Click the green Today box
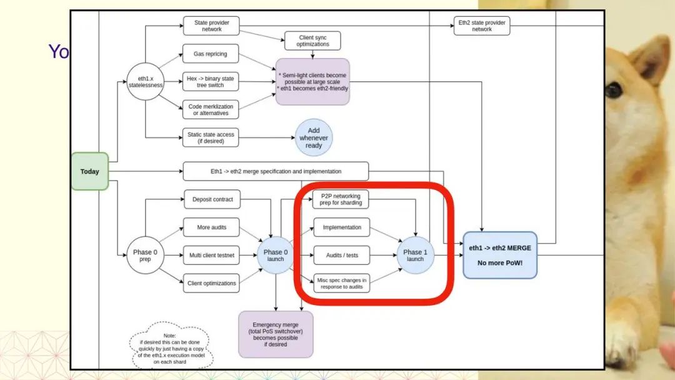[89, 171]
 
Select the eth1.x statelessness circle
[145, 82]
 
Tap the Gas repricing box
[210, 54]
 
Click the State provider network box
[211, 26]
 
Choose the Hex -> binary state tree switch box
[210, 81]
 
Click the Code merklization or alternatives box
[210, 109]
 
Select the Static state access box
[210, 137]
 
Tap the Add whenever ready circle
[314, 138]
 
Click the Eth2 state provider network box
[482, 26]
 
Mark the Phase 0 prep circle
[145, 255]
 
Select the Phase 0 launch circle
[276, 255]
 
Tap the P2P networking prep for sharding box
[341, 199]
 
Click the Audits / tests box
[341, 255]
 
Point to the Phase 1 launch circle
[415, 255]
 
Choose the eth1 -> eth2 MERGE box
[499, 255]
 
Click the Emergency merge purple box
[276, 334]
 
